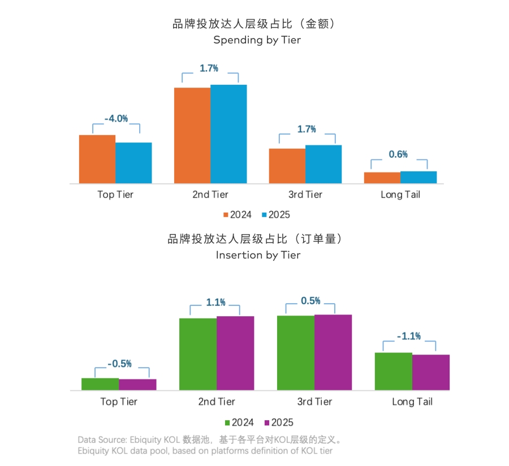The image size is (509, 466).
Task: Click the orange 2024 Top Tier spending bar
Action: point(97,159)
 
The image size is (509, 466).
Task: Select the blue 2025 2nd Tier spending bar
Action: point(228,134)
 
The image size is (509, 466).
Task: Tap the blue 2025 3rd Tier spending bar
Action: point(323,164)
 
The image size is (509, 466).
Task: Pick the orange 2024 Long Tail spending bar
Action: point(382,178)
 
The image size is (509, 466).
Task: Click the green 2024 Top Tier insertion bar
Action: point(100,384)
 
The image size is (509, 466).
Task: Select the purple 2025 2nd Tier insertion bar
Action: point(235,353)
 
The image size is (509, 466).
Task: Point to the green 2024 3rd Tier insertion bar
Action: point(295,352)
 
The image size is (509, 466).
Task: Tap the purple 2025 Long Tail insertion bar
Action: point(431,372)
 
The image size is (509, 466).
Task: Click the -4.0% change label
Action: point(116,119)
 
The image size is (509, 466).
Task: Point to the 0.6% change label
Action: point(398,154)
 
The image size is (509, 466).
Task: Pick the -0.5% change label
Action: point(119,364)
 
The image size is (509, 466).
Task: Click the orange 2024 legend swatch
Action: point(226,215)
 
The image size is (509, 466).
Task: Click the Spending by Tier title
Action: point(257,40)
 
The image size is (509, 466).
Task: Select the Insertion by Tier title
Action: point(258,255)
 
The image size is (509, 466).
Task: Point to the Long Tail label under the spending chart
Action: point(400,195)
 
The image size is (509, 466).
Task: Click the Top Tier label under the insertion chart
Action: point(119,402)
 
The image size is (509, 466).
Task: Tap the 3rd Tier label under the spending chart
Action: point(305,195)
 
